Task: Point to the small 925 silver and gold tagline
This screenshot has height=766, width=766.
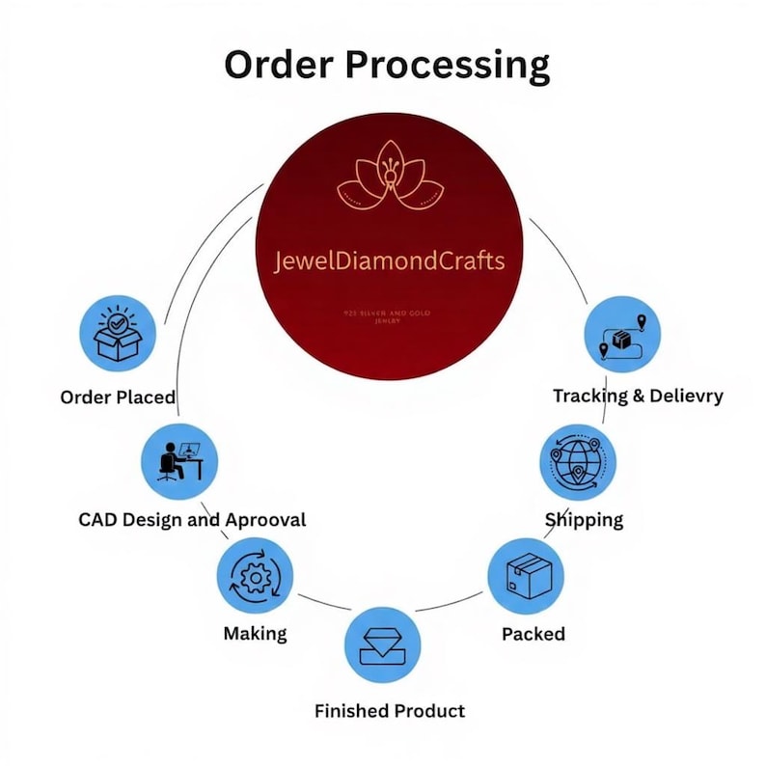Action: point(392,317)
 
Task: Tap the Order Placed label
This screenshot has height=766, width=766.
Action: point(118,397)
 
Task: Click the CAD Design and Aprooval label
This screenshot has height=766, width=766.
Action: point(192,520)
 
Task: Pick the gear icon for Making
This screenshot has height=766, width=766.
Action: point(255,577)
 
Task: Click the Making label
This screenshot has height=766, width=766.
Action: point(255,634)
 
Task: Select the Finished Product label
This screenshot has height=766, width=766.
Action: point(390,711)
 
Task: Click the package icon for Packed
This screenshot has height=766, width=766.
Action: point(526,577)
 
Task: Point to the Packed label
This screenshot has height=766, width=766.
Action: point(533,634)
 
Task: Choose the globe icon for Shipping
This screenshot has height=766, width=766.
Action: point(576,461)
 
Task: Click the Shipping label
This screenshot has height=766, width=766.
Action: point(585,520)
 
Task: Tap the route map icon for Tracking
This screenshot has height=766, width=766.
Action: point(623,334)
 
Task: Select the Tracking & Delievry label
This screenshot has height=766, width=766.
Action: point(638,396)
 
